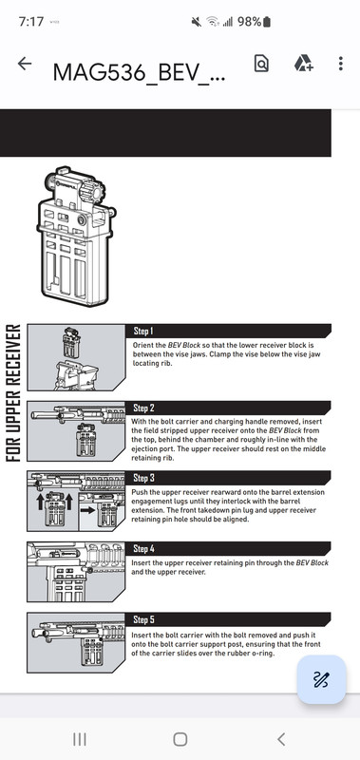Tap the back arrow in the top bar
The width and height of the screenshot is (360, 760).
tap(25, 64)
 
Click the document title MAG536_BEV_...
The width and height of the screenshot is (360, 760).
tap(139, 73)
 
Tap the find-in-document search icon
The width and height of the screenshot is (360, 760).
tap(261, 64)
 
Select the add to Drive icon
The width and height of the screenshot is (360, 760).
tap(303, 64)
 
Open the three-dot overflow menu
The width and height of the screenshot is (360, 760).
tap(341, 64)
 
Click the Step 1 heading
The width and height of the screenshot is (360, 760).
tap(142, 331)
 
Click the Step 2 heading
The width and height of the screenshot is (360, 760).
tap(143, 408)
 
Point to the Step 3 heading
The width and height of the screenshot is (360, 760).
tap(143, 478)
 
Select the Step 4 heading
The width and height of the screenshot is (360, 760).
tap(143, 549)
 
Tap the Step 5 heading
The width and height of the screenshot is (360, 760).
tap(143, 619)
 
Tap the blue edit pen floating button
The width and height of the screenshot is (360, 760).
tap(321, 679)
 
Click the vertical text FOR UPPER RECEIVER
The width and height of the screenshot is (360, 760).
tap(12, 392)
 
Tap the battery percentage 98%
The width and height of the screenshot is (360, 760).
tap(249, 22)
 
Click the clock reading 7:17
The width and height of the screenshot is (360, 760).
tap(31, 22)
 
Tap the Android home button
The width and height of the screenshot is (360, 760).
tap(180, 739)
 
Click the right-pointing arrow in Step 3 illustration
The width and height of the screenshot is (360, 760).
tap(88, 510)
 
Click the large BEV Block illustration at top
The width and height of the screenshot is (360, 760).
tap(77, 237)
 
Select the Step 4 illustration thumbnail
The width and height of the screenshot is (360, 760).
tap(76, 572)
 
